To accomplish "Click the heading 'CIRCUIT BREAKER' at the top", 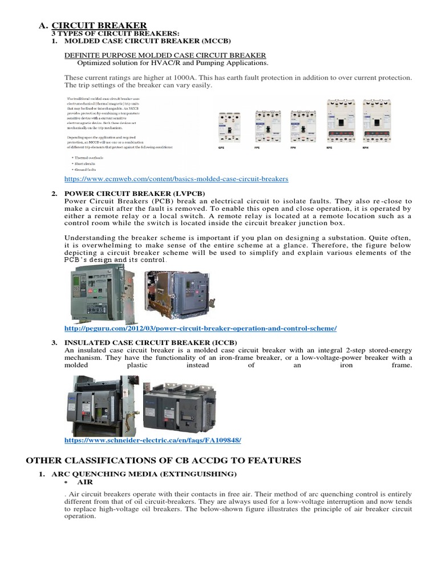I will click(99, 25).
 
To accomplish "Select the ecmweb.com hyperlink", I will click(176, 179).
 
